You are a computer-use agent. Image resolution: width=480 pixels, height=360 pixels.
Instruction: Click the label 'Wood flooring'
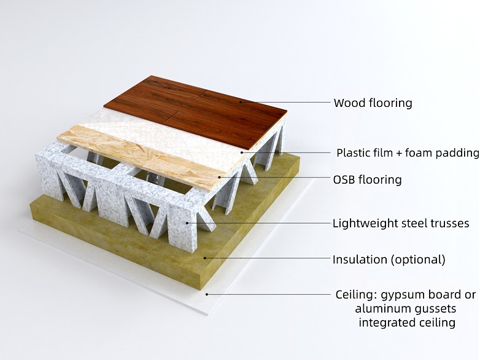pyautogui.click(x=373, y=103)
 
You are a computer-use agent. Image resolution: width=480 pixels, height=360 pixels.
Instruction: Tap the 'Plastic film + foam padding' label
pyautogui.click(x=408, y=153)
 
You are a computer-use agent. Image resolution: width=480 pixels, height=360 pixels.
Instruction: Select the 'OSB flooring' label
pyautogui.click(x=367, y=180)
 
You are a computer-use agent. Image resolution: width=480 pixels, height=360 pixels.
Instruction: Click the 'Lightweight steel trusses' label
pyautogui.click(x=401, y=223)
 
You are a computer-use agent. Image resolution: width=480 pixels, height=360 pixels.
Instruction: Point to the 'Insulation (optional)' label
pyautogui.click(x=389, y=259)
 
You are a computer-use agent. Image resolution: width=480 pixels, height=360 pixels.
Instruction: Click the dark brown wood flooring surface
pyautogui.click(x=203, y=111)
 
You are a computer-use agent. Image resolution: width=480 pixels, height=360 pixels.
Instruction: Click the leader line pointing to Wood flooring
pyautogui.click(x=282, y=103)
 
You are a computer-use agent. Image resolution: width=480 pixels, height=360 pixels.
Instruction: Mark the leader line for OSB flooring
pyautogui.click(x=276, y=178)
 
